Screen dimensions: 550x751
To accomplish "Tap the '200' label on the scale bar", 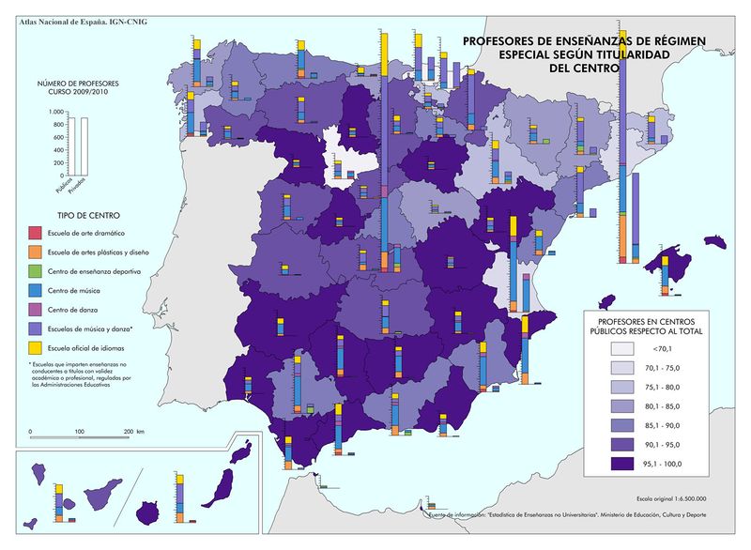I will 129,431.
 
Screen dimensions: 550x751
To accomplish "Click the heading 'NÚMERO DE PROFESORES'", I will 72,85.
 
